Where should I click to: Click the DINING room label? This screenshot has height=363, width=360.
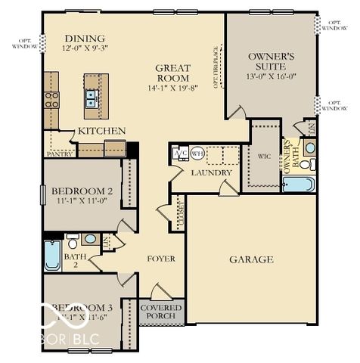(x=85, y=39)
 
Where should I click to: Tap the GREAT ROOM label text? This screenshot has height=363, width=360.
(x=172, y=73)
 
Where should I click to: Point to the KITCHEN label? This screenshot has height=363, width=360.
(x=102, y=131)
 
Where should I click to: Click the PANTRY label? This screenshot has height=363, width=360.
(x=60, y=153)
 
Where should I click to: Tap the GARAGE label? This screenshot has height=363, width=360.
(x=251, y=259)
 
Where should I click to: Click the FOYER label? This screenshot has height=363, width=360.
(x=160, y=259)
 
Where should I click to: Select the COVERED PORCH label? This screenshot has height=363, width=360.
(x=161, y=312)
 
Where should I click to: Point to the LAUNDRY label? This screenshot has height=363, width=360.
(x=206, y=172)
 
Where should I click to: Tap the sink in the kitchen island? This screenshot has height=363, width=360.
(x=91, y=96)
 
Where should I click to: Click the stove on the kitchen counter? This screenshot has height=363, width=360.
(x=51, y=98)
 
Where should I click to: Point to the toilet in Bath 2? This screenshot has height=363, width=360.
(x=73, y=242)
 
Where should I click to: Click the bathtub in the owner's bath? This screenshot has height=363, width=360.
(x=297, y=183)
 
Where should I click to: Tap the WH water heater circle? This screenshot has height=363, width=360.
(x=197, y=153)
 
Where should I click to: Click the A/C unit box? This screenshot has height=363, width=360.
(x=181, y=153)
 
